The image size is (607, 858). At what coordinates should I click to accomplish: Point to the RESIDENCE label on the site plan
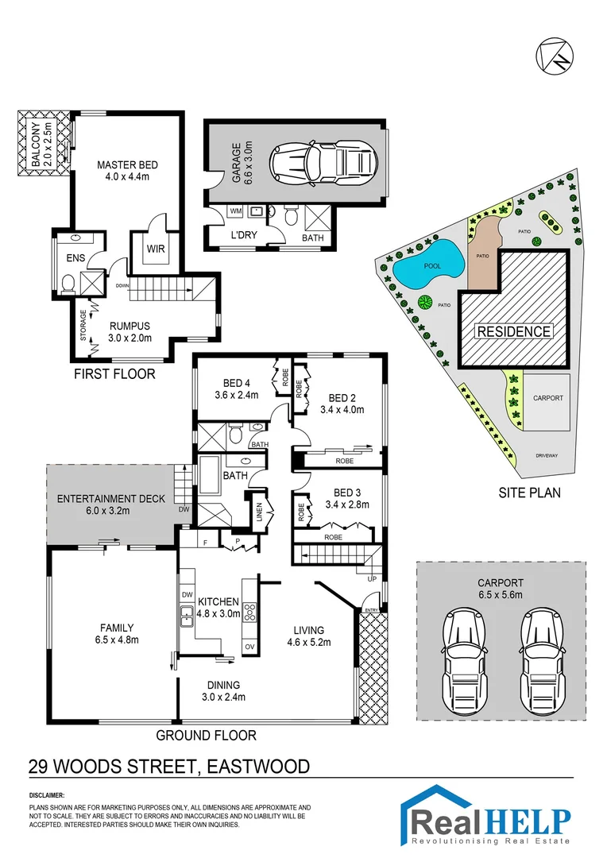(x=513, y=331)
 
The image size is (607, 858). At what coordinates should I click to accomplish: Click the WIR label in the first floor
(x=154, y=249)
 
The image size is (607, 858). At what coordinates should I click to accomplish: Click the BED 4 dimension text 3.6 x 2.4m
(x=237, y=393)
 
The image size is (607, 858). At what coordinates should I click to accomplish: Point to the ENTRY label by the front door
(x=371, y=610)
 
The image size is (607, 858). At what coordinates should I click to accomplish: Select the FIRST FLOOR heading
(x=116, y=373)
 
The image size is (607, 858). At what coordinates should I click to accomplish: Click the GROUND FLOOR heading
(x=206, y=735)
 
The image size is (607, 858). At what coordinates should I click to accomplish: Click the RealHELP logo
(x=489, y=817)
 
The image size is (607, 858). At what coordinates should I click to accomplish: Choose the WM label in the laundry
(x=234, y=211)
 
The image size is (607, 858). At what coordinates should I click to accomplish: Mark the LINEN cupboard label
(x=261, y=508)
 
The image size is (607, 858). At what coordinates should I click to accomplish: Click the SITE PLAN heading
(x=529, y=493)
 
